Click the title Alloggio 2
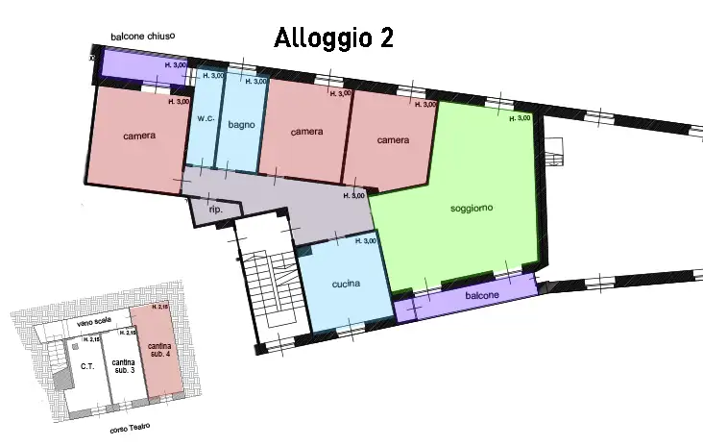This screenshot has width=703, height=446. click(333, 37)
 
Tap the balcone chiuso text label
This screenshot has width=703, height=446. click(142, 37)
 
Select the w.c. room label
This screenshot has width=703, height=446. click(205, 119)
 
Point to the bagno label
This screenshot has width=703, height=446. click(239, 123)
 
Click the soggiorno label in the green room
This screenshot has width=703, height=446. click(472, 209)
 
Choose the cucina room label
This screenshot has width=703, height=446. click(346, 285)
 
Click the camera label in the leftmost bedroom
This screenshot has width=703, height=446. click(139, 136)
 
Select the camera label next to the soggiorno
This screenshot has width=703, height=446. click(393, 140)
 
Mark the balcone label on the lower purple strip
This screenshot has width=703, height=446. click(482, 296)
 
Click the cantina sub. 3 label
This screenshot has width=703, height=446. click(122, 365)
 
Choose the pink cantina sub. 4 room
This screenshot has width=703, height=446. click(158, 351)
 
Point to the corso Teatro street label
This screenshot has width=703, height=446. click(130, 429)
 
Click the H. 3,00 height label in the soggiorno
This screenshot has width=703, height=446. click(519, 118)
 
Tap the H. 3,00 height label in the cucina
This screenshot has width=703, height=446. click(365, 241)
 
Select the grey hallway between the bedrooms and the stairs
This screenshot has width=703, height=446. click(288, 202)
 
